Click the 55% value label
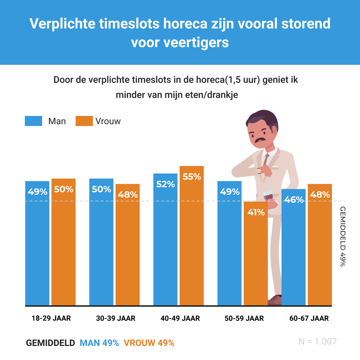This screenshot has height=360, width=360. [x=192, y=177]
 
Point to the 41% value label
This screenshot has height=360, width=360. [x=256, y=212]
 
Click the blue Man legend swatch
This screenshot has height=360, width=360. [x=33, y=121]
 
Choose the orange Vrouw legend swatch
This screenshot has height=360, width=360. [x=84, y=121]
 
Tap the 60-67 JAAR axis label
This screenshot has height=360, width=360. [x=309, y=318]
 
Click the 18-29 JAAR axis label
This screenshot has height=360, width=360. [x=51, y=318]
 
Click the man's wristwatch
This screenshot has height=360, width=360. [x=259, y=171]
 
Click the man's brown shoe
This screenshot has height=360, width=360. [x=275, y=300]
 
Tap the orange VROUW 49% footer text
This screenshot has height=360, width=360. [x=149, y=343]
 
